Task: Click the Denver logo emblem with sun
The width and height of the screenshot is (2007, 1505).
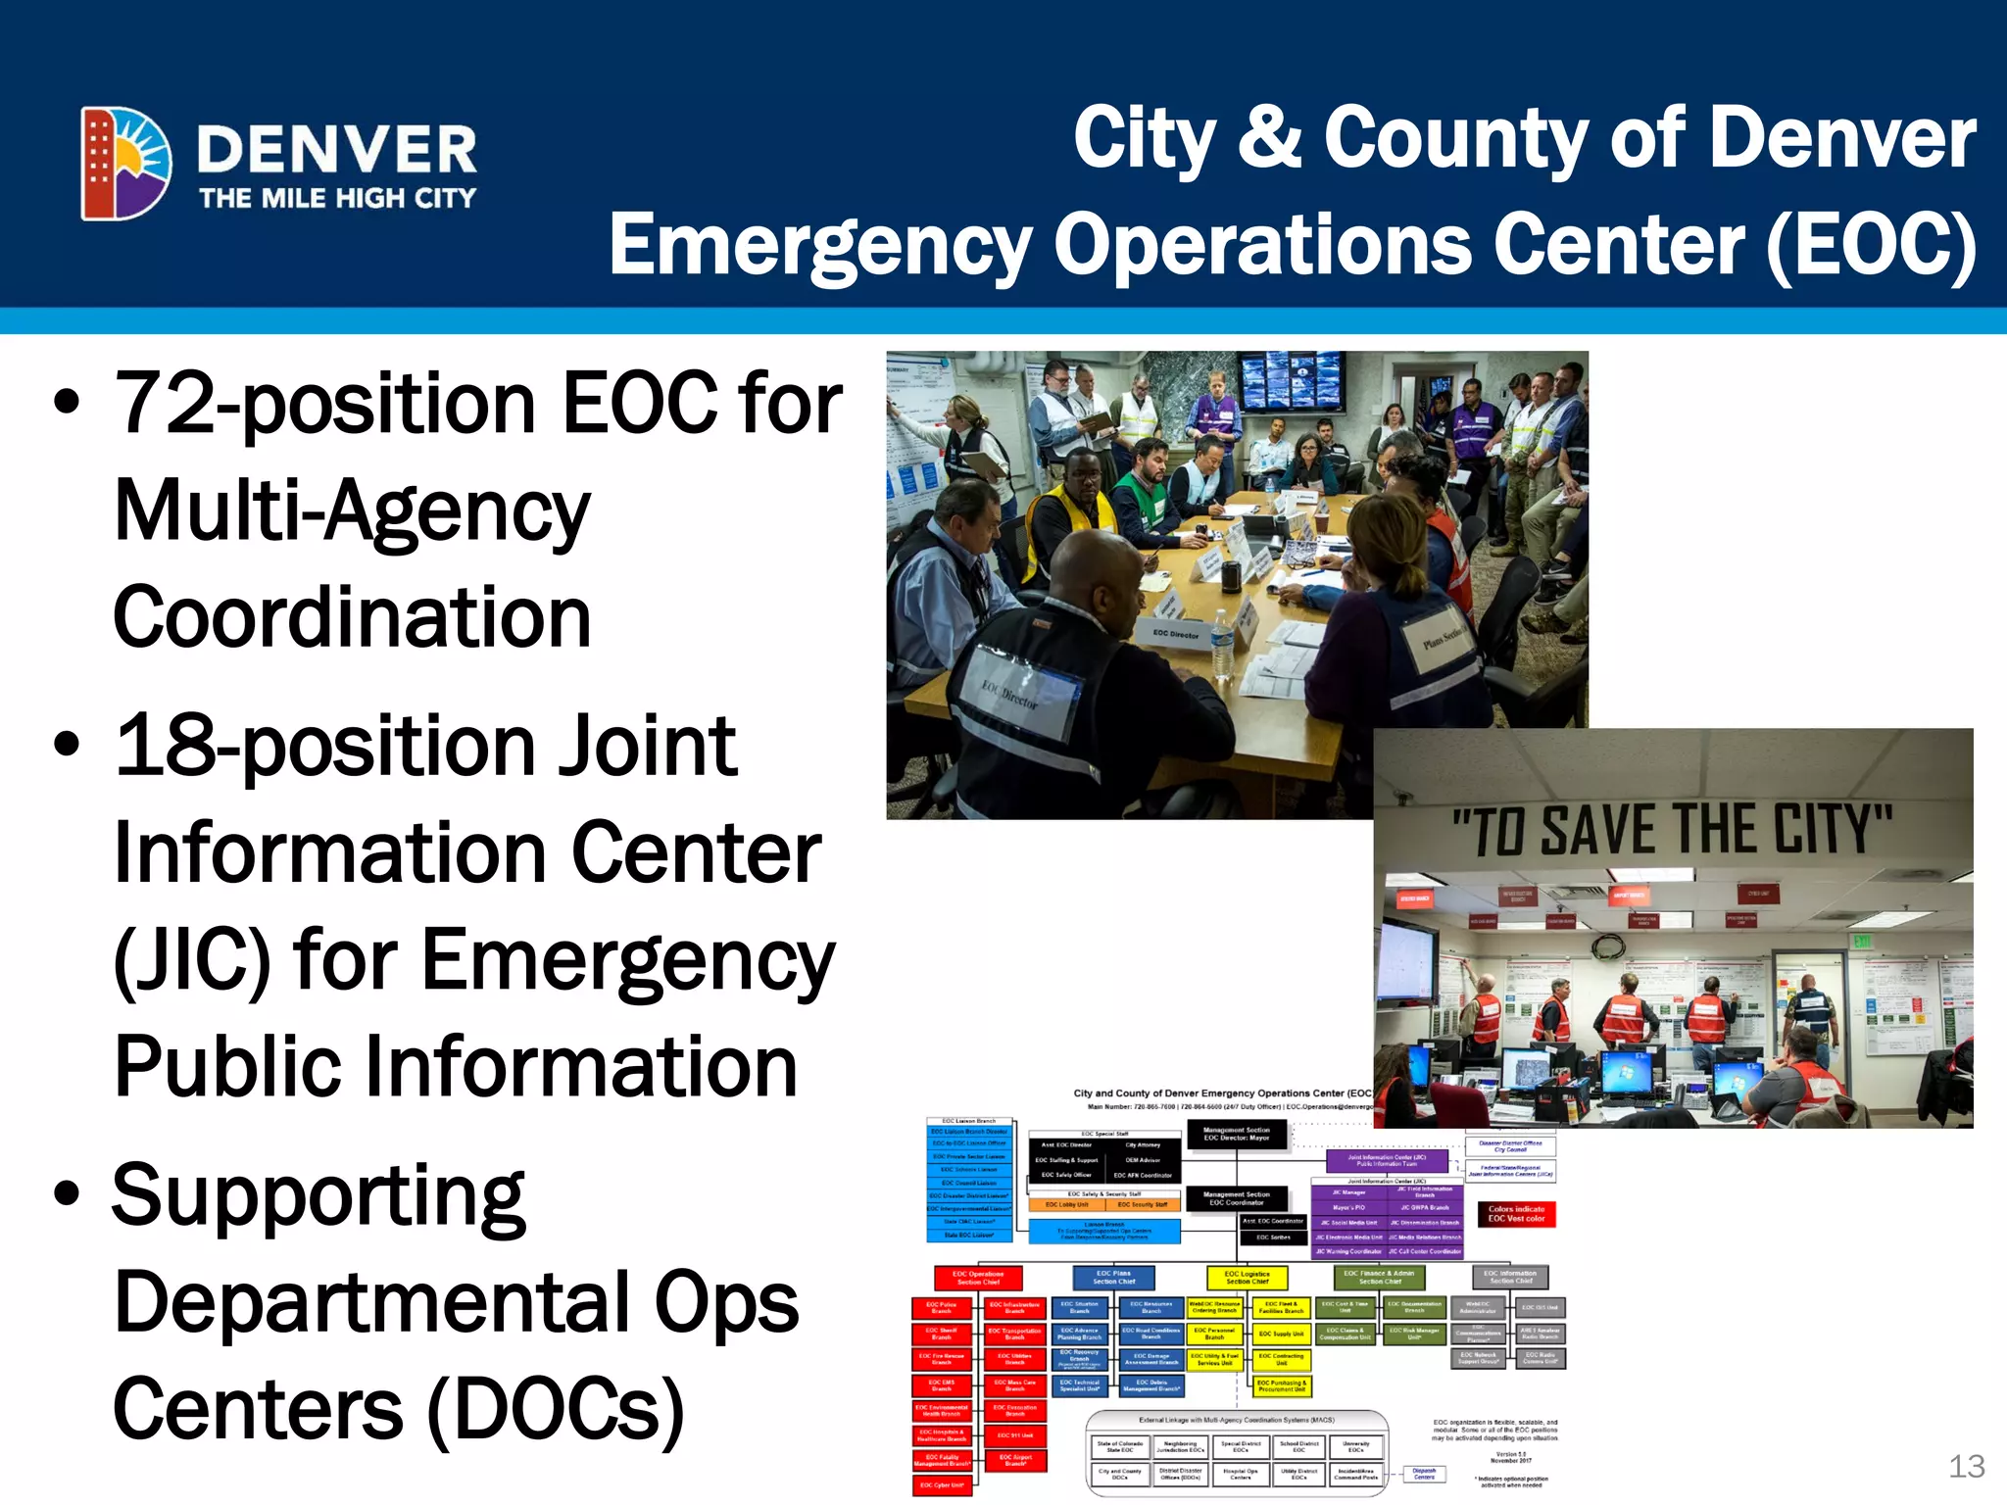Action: pos(125,163)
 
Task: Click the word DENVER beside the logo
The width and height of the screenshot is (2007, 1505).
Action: pos(336,149)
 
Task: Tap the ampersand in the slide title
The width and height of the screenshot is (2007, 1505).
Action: pos(1269,137)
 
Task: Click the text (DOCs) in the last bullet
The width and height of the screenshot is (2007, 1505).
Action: pos(556,1409)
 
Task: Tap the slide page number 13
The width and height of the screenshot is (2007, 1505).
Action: pos(1966,1466)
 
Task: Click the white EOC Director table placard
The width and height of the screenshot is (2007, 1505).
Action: pos(1176,635)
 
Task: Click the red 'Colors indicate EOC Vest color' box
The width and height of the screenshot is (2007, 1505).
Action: pos(1516,1214)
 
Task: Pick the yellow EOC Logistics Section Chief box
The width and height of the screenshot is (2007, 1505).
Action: pos(1247,1278)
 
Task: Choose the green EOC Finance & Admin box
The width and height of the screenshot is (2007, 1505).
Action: pos(1379,1278)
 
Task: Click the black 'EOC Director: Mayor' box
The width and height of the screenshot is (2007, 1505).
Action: pos(1236,1135)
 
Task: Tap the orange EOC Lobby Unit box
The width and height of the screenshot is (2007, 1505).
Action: pos(1066,1204)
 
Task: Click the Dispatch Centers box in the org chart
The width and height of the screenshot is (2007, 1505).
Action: pos(1424,1474)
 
